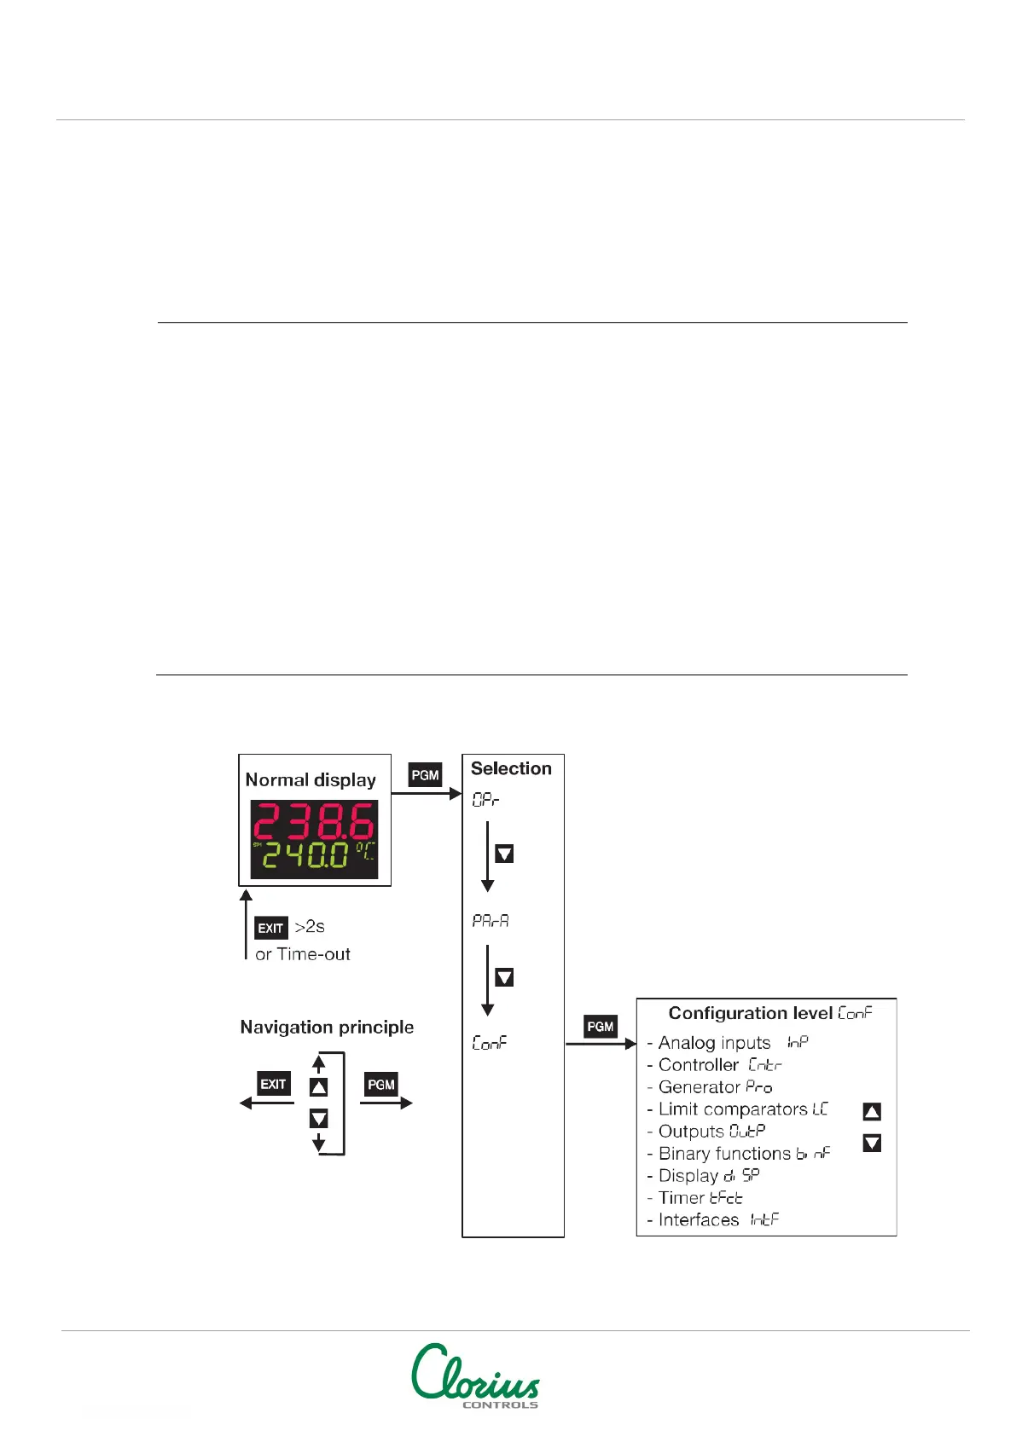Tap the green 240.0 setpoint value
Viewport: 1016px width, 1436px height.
(x=305, y=855)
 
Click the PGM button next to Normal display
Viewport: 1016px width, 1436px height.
(x=425, y=775)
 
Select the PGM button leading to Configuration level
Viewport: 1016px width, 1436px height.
(x=601, y=1027)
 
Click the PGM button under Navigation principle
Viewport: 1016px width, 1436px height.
(x=381, y=1085)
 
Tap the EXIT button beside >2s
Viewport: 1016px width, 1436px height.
(x=270, y=928)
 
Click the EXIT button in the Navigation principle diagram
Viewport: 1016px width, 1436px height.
(x=273, y=1084)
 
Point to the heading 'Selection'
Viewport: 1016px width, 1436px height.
(x=511, y=768)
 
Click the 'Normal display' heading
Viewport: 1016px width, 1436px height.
(x=311, y=779)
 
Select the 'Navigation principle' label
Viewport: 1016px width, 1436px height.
(x=327, y=1027)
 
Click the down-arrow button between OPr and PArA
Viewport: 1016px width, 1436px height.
(x=504, y=854)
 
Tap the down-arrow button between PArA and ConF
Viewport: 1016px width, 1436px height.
(x=504, y=977)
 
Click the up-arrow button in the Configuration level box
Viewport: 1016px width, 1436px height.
(x=872, y=1111)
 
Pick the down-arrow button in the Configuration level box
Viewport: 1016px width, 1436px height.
(x=872, y=1143)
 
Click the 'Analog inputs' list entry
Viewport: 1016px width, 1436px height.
(x=714, y=1043)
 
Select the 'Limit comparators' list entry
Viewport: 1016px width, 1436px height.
(x=733, y=1109)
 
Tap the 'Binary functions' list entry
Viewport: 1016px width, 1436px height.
(x=725, y=1154)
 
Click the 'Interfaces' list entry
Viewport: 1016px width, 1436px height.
(x=699, y=1220)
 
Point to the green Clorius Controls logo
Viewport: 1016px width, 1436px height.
(x=476, y=1375)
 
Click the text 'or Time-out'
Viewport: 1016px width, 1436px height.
(x=303, y=954)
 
